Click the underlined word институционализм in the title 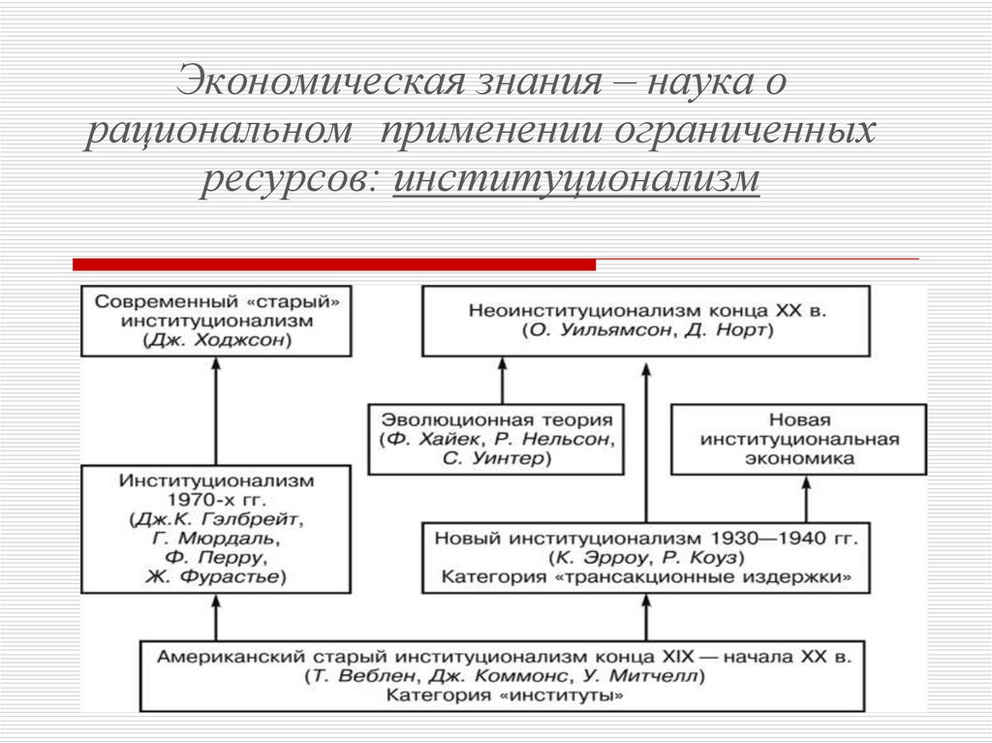pyautogui.click(x=576, y=180)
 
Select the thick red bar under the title pyautogui.click(x=334, y=263)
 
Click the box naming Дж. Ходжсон pyautogui.click(x=216, y=321)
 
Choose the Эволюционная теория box pyautogui.click(x=496, y=439)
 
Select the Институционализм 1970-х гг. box pyautogui.click(x=216, y=528)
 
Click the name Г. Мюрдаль pyautogui.click(x=216, y=538)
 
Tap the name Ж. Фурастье pyautogui.click(x=216, y=576)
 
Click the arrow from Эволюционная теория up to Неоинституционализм pyautogui.click(x=502, y=380)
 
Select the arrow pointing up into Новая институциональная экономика pyautogui.click(x=806, y=498)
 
